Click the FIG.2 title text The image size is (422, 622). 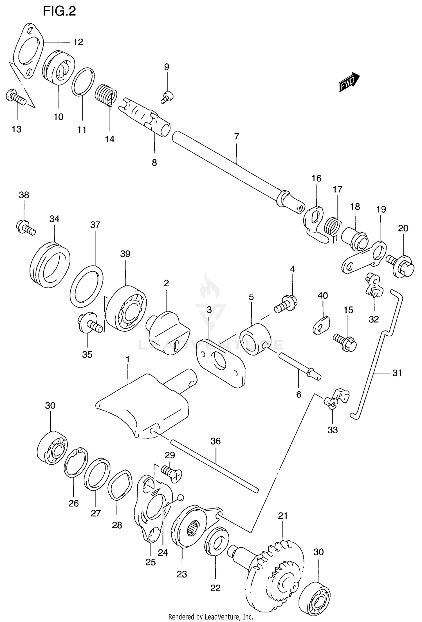click(59, 12)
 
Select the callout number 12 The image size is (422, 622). click(78, 42)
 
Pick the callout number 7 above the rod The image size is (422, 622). click(237, 136)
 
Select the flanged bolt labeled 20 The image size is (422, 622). click(401, 266)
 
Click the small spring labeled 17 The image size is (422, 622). click(333, 227)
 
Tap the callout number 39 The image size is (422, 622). click(125, 254)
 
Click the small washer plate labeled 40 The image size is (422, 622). click(321, 325)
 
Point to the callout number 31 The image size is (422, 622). click(397, 373)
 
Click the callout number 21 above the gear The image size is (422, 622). click(283, 516)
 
